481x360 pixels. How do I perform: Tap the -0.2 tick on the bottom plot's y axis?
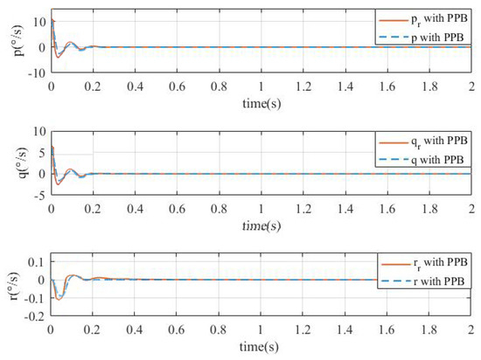34,317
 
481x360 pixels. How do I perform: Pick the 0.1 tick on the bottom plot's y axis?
36,262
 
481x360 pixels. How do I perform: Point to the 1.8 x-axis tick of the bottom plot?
427,330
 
